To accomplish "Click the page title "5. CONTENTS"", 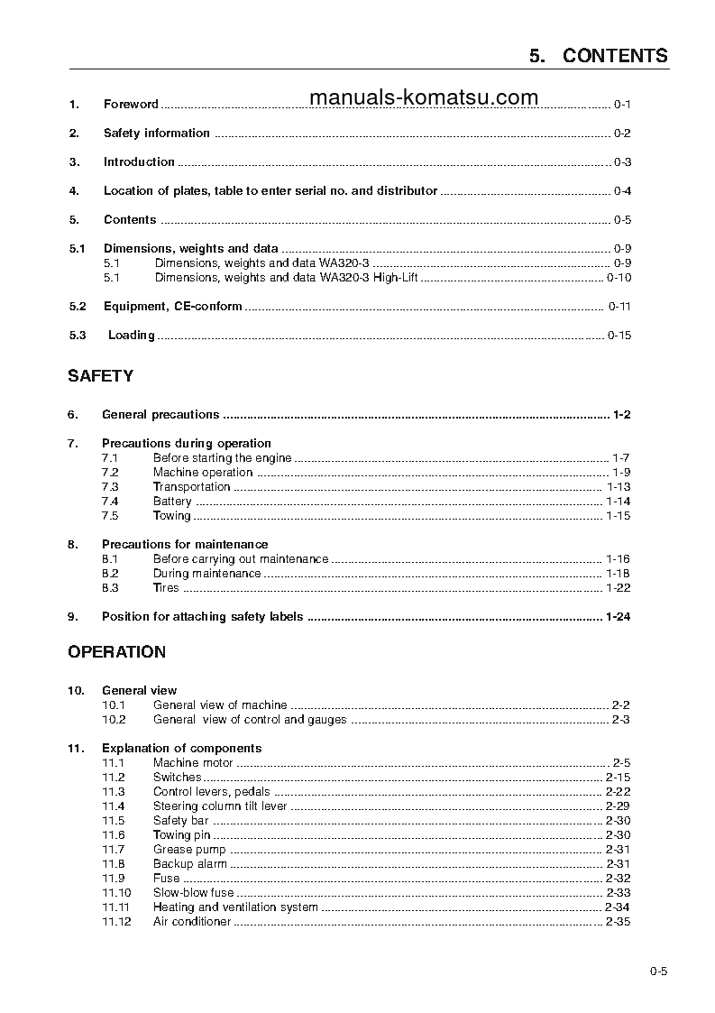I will click(x=599, y=56).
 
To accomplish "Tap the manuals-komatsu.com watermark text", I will click(x=423, y=97).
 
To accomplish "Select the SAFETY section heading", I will click(x=100, y=376).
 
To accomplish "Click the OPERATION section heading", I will click(x=116, y=652).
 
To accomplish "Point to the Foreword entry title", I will click(x=131, y=105).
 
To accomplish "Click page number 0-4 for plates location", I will click(x=622, y=191).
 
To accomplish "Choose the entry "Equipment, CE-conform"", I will click(x=172, y=307).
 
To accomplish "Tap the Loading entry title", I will click(x=131, y=336).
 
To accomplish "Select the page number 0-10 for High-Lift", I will click(x=619, y=278).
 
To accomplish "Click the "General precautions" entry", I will click(x=160, y=415).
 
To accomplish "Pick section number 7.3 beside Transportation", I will click(x=110, y=487).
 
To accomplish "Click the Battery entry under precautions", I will click(x=172, y=502).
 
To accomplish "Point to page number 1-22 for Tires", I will click(x=618, y=588).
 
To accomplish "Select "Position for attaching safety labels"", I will click(x=202, y=617).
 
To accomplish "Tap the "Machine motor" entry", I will click(x=193, y=763).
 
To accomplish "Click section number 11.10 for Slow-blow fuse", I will click(x=115, y=893).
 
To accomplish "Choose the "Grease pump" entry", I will click(x=189, y=850).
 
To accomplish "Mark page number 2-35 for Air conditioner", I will click(x=618, y=922).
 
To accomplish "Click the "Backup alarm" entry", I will click(x=190, y=864).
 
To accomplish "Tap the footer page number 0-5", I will click(x=657, y=972).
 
